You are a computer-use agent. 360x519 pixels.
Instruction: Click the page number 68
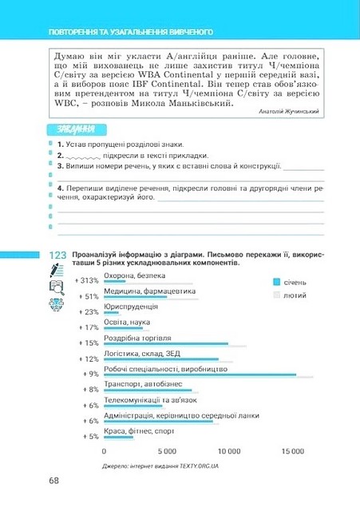[53, 480]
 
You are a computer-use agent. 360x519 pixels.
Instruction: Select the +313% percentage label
[85, 281]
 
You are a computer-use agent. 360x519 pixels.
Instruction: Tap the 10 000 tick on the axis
[230, 451]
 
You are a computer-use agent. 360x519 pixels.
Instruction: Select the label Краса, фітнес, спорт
[139, 431]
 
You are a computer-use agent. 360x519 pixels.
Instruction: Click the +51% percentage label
[87, 297]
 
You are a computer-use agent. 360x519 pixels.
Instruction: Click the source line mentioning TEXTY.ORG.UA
[160, 465]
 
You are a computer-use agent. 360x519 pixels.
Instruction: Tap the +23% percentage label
[87, 312]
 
